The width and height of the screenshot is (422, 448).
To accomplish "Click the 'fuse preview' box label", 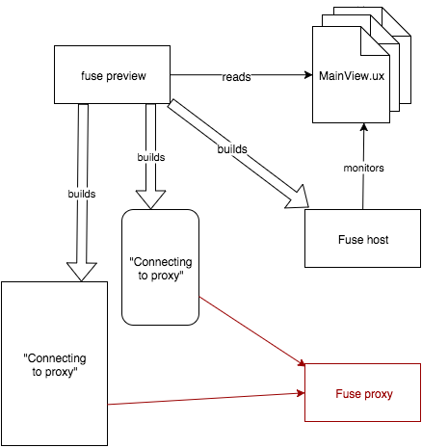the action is coord(114,76).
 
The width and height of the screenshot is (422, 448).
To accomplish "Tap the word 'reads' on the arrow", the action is coord(236,77).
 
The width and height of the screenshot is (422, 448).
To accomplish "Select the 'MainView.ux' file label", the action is coord(352,76).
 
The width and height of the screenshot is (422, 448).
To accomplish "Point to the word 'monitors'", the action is coord(363,168).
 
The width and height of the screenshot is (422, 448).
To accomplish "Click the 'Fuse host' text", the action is coord(363,240).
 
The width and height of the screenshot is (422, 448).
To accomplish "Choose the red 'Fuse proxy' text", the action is coord(364,394).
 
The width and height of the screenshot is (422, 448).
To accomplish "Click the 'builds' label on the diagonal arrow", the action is coord(232,149).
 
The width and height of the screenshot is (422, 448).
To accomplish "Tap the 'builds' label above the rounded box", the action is coord(151,157).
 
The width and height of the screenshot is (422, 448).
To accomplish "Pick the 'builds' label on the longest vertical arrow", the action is coord(82,194).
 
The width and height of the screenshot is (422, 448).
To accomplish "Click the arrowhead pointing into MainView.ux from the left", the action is coord(308,75).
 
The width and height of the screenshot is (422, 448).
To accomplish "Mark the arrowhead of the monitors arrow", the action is coord(363,127).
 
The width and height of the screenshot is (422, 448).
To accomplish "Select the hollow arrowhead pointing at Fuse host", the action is coord(298,198).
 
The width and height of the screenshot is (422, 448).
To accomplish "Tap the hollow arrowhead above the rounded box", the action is coord(151,199).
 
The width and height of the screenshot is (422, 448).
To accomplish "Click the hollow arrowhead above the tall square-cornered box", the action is coord(82,272).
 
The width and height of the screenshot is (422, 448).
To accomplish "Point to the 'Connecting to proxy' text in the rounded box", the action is coord(161,269).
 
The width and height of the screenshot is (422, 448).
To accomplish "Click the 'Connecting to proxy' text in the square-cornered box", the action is coord(55,365).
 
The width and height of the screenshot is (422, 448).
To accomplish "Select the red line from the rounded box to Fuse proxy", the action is coord(252,331).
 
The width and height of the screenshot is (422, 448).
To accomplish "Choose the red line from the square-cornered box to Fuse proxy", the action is coord(206,399).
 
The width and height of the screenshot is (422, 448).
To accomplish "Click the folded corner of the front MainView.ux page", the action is coord(375,40).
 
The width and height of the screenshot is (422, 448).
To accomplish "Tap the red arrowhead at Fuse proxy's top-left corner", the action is coord(302,363).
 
